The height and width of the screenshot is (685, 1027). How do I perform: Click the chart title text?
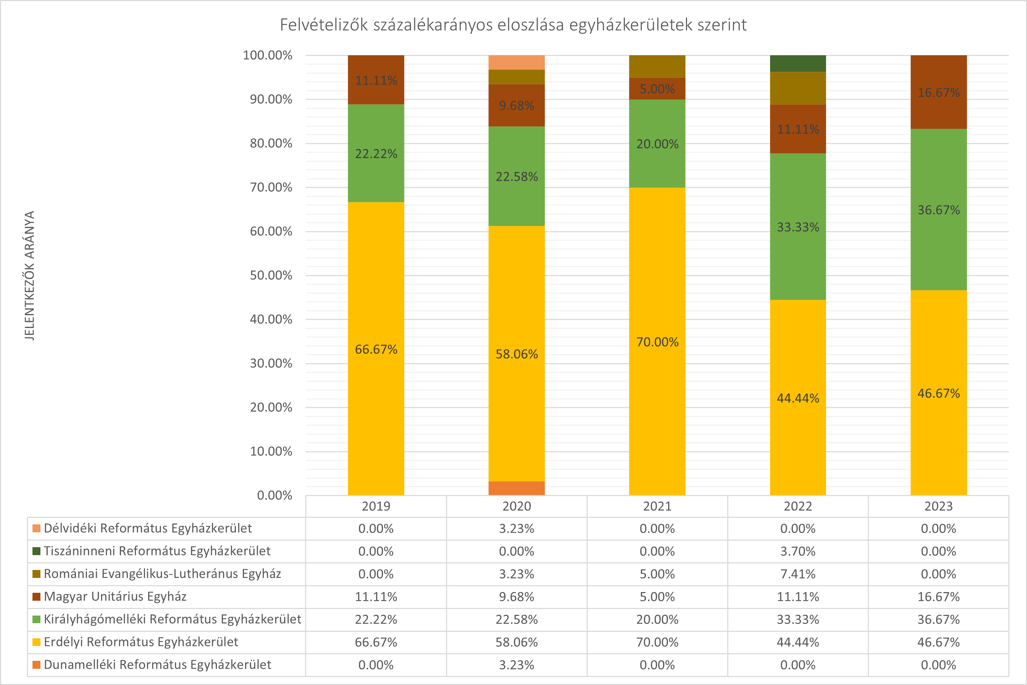click(x=513, y=25)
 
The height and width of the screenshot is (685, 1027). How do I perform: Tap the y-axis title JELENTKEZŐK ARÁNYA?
click(x=29, y=275)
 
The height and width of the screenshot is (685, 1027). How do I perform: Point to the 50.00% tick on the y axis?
click(x=271, y=275)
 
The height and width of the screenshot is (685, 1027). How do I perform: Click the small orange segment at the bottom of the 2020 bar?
click(x=516, y=488)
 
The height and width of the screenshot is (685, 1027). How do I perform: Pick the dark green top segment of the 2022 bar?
click(x=797, y=63)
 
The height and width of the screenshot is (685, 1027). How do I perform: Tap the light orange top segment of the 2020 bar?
click(x=516, y=62)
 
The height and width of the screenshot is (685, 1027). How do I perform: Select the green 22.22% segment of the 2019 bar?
click(x=376, y=153)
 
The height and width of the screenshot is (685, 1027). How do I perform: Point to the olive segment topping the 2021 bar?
click(x=657, y=66)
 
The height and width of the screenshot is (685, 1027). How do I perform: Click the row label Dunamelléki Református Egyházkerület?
click(x=157, y=665)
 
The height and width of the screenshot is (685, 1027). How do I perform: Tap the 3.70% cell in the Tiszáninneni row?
click(x=797, y=551)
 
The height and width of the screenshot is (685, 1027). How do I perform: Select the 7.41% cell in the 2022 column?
click(x=797, y=574)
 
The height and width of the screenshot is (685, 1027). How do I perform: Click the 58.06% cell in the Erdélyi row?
click(x=516, y=642)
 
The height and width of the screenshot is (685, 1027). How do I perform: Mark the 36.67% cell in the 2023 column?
click(x=938, y=619)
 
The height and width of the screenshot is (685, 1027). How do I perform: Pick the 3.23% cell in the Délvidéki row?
click(x=516, y=529)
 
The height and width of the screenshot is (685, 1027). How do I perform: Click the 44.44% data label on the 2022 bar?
click(x=797, y=398)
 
